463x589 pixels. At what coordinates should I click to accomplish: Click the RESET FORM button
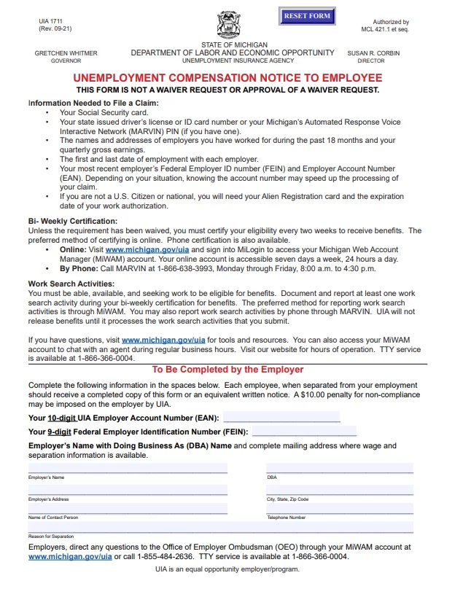coord(307,16)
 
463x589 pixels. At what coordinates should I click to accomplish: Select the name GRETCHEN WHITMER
coord(66,53)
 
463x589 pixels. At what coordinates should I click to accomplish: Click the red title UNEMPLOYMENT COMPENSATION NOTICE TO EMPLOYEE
coord(227,77)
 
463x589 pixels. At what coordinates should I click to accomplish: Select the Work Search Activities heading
coord(71,284)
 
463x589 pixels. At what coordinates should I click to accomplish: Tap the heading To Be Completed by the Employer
coord(227,370)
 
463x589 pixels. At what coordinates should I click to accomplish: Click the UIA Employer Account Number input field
coord(281,418)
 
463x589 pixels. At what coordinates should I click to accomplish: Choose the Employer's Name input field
coord(128,468)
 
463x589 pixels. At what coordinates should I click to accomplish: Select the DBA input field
coord(340,468)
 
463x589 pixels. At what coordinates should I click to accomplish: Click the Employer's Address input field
coord(128,490)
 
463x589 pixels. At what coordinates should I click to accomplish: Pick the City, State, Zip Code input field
coord(340,490)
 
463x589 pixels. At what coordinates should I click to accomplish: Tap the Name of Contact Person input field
coord(128,508)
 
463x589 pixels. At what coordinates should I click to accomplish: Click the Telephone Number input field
coord(340,508)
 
